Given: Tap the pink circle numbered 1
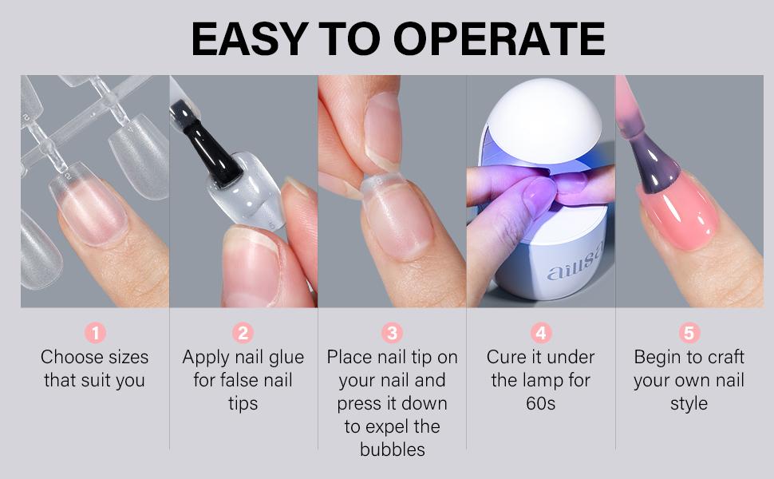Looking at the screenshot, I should [x=95, y=332].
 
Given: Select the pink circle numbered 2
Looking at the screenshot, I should [x=243, y=332].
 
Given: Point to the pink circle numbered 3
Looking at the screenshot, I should [x=392, y=332].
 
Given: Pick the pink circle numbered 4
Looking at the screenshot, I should [x=540, y=332].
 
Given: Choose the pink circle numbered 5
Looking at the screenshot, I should [x=689, y=332].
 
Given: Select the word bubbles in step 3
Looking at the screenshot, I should [x=392, y=449].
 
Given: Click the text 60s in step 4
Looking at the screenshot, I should [x=540, y=403].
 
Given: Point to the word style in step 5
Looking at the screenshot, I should [x=689, y=403].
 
